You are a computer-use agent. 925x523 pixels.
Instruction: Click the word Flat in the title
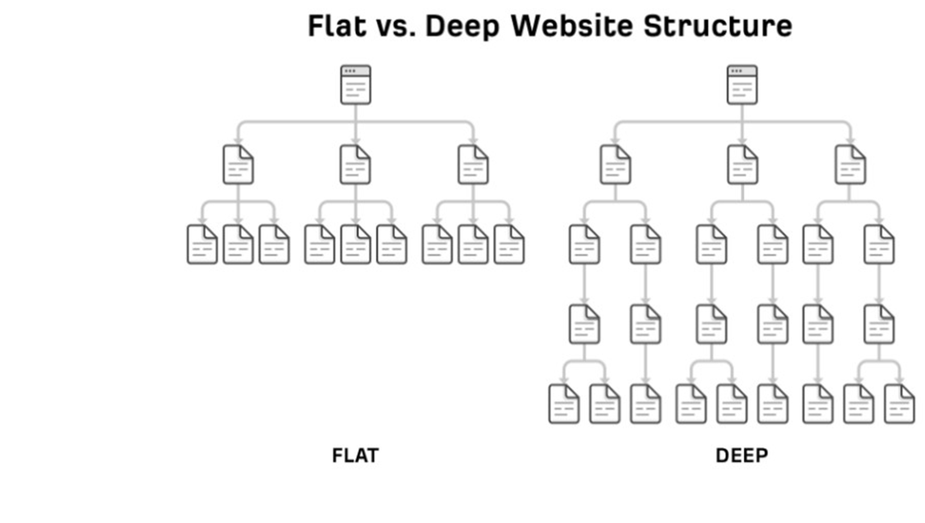pos(336,26)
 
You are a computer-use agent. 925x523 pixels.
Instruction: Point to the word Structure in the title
pos(718,26)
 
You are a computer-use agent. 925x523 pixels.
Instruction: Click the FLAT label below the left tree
pos(355,456)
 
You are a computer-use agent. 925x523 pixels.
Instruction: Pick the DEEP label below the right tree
pos(742,456)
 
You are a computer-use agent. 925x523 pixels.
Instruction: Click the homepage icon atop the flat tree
pos(355,85)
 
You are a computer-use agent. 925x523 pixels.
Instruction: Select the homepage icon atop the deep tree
pos(742,85)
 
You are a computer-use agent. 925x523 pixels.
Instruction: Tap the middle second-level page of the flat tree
pos(355,165)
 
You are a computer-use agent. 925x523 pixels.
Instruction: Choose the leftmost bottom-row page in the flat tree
pos(202,245)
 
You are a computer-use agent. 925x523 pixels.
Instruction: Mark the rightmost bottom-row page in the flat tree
pos(509,245)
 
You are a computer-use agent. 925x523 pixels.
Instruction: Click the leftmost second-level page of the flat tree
pos(238,165)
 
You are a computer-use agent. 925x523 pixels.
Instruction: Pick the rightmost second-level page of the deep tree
pos(850,165)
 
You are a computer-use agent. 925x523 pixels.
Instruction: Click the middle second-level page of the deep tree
pos(743,165)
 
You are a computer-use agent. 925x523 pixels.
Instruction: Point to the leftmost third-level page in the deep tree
pos(584,245)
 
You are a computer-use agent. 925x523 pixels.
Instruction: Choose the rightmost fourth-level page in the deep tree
pos(879,324)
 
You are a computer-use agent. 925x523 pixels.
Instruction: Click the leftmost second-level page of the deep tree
pos(615,165)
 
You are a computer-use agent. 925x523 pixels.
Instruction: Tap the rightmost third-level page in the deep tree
pos(879,245)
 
